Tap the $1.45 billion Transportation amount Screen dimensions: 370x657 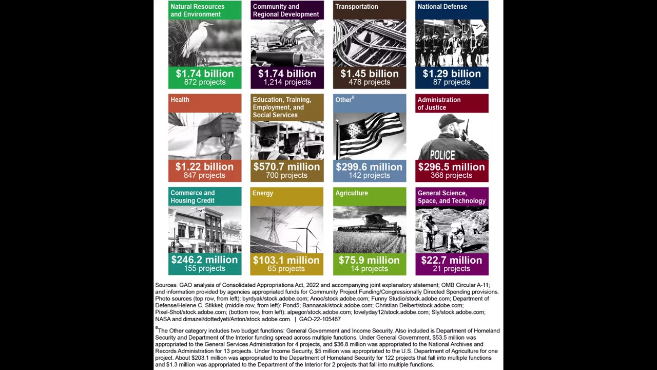(x=369, y=73)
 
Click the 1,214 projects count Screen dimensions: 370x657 (x=287, y=82)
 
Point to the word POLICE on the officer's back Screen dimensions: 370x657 (x=442, y=155)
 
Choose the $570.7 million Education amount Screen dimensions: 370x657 (x=286, y=166)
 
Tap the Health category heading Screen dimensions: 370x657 (x=180, y=100)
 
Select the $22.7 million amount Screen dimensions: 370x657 (x=452, y=260)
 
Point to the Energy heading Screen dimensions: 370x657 (x=263, y=193)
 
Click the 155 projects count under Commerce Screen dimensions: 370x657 (x=204, y=268)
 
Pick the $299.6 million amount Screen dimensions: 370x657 (x=369, y=166)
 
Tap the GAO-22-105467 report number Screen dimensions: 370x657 (x=320, y=319)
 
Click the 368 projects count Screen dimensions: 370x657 (x=451, y=175)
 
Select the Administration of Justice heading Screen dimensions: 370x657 (x=439, y=103)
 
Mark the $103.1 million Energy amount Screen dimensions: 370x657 (x=286, y=260)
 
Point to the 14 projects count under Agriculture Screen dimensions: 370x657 (x=369, y=268)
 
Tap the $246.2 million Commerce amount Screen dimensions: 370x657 (x=204, y=260)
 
